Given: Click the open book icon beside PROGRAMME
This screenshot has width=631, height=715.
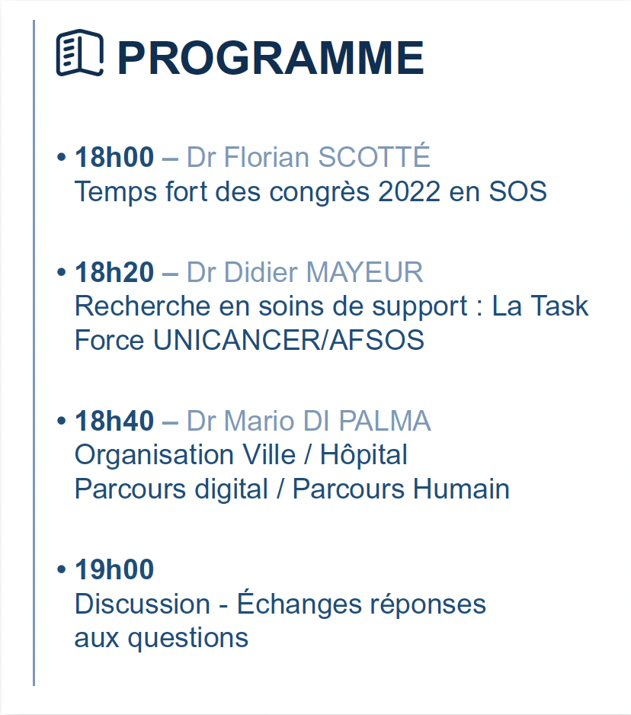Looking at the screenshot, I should (79, 53).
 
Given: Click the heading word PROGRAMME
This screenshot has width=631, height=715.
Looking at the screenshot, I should (270, 58).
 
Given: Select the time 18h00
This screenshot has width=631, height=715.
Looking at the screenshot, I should (114, 158).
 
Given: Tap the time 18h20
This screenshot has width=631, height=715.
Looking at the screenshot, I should (114, 272).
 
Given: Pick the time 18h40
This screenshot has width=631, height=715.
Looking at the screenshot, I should (114, 421).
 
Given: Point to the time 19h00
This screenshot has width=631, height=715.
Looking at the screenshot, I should (114, 569).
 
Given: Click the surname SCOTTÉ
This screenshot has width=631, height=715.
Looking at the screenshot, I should (374, 158).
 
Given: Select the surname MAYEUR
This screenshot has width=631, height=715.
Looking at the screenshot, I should (364, 272).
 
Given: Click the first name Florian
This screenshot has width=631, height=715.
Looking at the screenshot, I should (264, 158).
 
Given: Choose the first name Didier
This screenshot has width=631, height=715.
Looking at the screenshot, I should (259, 272).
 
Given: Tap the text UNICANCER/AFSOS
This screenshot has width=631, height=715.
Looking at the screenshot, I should (288, 340).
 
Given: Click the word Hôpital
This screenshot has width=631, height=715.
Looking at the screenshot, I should (364, 455).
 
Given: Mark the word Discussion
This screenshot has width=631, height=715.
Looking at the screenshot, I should (143, 604).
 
